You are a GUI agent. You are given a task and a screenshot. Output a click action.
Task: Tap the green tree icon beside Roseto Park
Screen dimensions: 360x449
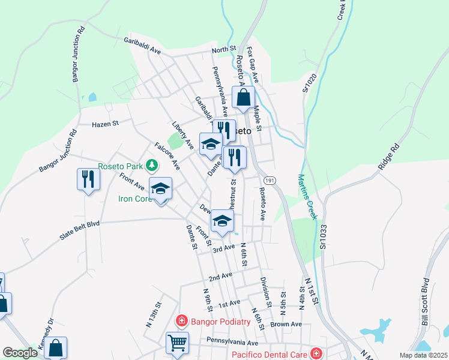click(x=153, y=164)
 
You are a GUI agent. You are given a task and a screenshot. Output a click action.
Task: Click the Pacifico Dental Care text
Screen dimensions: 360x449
click(x=270, y=355)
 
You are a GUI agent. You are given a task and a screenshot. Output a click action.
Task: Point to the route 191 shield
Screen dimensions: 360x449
click(x=269, y=180)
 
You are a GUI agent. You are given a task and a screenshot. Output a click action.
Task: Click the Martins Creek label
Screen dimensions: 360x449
click(x=307, y=197)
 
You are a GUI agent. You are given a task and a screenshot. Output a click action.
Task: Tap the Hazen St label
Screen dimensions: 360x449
click(x=106, y=124)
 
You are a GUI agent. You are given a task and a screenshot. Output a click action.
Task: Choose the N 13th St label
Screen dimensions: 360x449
click(x=154, y=314)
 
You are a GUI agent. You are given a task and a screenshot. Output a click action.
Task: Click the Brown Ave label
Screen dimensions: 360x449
click(x=286, y=324)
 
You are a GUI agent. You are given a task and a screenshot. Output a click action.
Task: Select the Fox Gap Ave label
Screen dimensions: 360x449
click(x=253, y=65)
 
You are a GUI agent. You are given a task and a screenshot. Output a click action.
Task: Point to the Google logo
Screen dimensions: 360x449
click(x=20, y=353)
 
